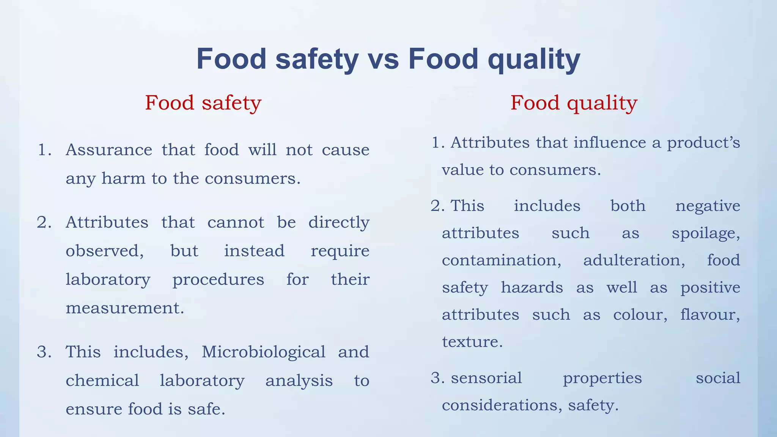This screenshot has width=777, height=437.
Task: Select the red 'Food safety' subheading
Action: pos(203,103)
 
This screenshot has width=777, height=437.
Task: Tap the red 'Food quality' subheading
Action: pos(574,103)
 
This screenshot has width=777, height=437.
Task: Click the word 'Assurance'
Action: pos(109,150)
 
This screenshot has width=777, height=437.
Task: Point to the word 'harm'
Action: pos(123,178)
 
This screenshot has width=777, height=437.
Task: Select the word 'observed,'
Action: pos(105,251)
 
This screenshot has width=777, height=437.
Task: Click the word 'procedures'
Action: pos(218,280)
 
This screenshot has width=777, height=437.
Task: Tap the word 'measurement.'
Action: pos(125,308)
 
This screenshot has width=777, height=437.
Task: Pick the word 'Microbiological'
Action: pos(263,352)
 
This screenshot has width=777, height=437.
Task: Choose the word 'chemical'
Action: pos(102,380)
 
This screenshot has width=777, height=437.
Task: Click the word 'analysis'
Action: pos(299,380)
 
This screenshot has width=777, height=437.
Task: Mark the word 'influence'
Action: pos(610,143)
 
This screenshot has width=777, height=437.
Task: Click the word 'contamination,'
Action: pos(502,261)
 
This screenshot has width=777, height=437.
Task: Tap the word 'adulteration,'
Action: pos(634,261)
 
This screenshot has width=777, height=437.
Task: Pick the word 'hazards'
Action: pos(532,288)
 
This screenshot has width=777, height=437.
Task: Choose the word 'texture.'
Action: pos(472,342)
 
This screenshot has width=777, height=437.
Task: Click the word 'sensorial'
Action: pos(486,378)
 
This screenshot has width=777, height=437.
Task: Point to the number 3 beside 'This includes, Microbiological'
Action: pos(44,352)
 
